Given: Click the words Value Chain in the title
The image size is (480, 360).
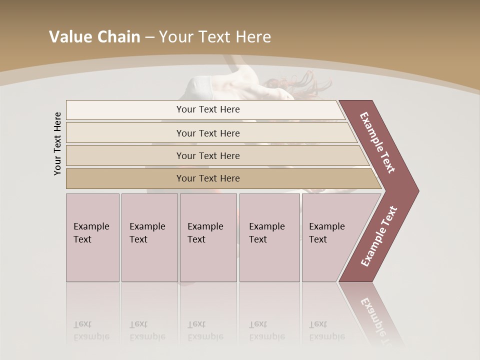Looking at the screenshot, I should [x=94, y=37].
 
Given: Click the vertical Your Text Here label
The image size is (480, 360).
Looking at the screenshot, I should [x=58, y=143].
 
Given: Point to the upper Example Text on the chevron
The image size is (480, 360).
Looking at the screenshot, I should [x=377, y=142].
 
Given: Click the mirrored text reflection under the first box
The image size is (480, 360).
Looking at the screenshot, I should [x=91, y=330].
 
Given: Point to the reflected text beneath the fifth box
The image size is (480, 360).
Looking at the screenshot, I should [x=326, y=330].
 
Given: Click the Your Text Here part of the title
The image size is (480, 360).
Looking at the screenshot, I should [x=215, y=37].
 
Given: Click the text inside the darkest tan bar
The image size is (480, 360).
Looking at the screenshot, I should [x=208, y=178].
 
